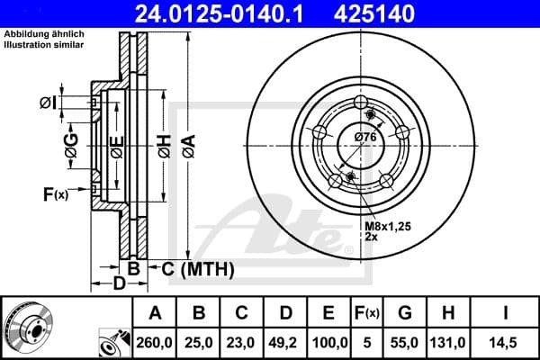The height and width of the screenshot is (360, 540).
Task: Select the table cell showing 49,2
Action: tap(285, 343)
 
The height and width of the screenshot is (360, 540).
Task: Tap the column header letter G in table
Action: tap(405, 313)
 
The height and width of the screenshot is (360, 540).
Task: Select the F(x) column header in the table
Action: tap(369, 313)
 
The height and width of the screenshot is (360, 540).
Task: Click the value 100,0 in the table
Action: tap(328, 343)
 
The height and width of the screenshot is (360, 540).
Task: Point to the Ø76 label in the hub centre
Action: tap(364, 136)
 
